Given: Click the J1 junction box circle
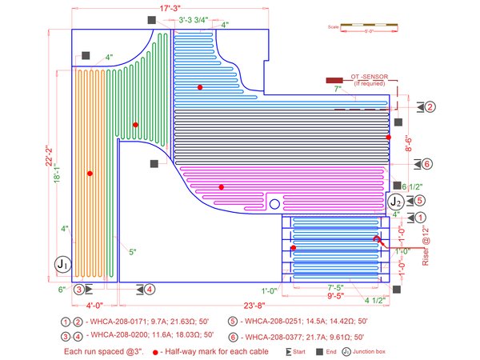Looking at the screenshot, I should click(x=62, y=263).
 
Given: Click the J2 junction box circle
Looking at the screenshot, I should click(x=395, y=201).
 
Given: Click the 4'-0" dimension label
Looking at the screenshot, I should click(x=94, y=305).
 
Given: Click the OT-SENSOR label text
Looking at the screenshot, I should click(x=369, y=77).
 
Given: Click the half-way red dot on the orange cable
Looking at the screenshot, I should click(x=90, y=174).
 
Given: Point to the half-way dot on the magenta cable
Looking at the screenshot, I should click(x=221, y=187).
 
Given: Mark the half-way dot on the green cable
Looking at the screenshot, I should click(x=136, y=125).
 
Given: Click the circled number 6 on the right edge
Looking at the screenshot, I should click(x=427, y=164).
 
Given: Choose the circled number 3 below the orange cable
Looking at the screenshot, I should click(x=78, y=289).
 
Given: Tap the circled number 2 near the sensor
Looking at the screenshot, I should click(x=430, y=106).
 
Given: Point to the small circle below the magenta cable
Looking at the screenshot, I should click(x=274, y=205).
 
